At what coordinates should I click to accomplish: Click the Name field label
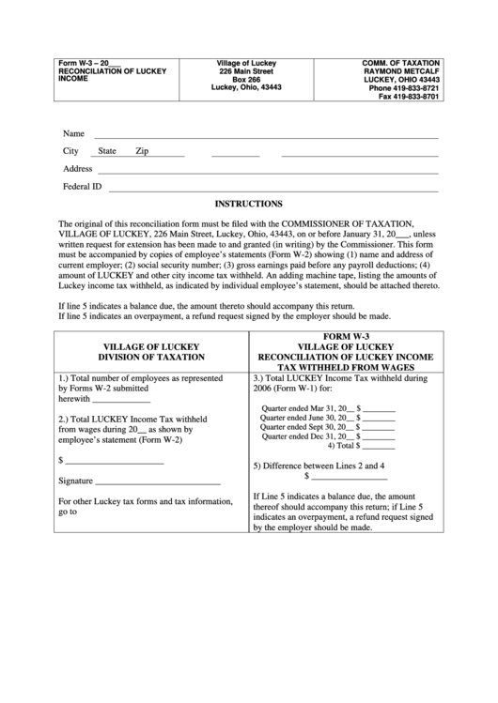[73, 133]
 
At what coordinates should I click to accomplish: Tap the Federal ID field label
[82, 186]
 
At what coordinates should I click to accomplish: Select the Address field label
[77, 169]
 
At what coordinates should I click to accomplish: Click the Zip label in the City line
[142, 151]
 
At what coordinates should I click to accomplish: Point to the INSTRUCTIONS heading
[249, 203]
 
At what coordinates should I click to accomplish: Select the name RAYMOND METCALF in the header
[401, 70]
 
